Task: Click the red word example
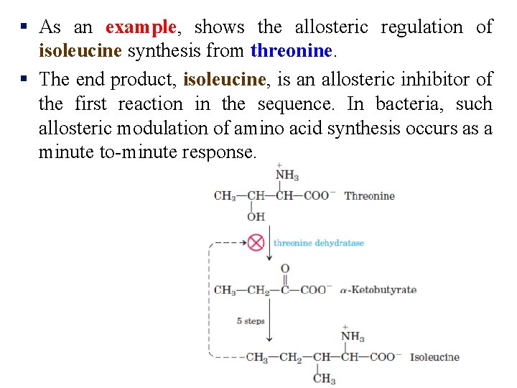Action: click(140, 27)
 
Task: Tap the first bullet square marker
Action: click(24, 27)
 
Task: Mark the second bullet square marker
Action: click(24, 78)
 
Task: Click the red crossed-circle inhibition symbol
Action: click(256, 242)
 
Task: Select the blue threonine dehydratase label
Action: click(318, 243)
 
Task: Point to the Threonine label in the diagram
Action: click(369, 195)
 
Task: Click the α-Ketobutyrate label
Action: click(378, 290)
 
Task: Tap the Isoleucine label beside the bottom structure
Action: click(434, 357)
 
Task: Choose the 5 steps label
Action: click(251, 321)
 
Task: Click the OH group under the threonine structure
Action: click(256, 216)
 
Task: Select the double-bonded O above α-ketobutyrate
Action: click(284, 269)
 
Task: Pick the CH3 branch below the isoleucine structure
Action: click(324, 379)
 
